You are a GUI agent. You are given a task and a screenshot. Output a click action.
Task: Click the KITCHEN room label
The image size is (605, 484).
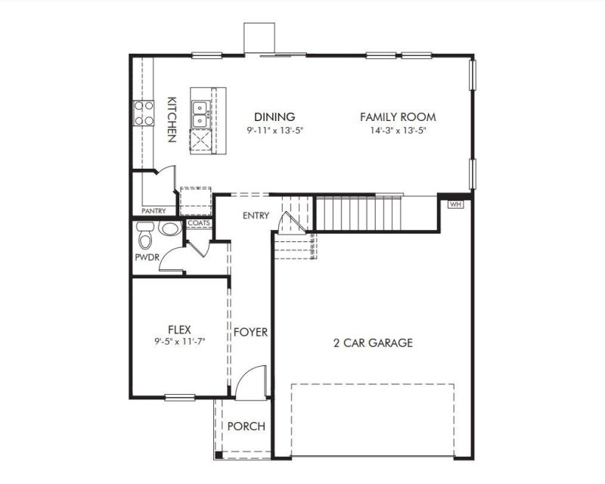(x=172, y=119)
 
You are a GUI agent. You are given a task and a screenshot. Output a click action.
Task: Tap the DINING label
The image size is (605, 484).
(x=275, y=116)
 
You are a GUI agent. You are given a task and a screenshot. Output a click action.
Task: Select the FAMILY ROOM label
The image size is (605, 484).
(x=398, y=116)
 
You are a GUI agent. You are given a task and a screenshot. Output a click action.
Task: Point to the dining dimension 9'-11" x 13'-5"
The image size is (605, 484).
(x=275, y=130)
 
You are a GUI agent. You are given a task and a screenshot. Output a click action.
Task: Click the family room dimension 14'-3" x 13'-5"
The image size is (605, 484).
(x=398, y=130)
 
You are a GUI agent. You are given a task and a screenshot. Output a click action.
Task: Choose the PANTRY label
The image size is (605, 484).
(x=154, y=211)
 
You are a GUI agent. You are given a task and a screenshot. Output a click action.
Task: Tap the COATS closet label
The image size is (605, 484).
(x=198, y=223)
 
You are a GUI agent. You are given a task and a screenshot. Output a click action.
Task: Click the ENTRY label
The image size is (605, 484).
(x=256, y=216)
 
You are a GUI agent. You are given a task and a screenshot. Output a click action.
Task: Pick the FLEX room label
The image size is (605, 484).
(x=179, y=329)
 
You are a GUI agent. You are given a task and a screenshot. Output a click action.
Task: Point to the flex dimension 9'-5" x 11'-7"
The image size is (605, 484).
(x=179, y=341)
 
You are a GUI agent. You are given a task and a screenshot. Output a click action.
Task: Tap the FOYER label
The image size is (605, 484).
(x=250, y=332)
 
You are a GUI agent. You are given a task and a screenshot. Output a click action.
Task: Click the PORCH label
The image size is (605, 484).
(x=247, y=427)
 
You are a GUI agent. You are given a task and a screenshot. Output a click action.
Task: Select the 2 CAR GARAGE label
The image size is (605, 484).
(x=373, y=343)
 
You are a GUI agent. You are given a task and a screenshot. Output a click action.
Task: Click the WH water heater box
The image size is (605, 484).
(x=455, y=204)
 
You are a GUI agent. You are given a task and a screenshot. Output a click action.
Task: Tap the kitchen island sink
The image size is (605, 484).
(x=200, y=113)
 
